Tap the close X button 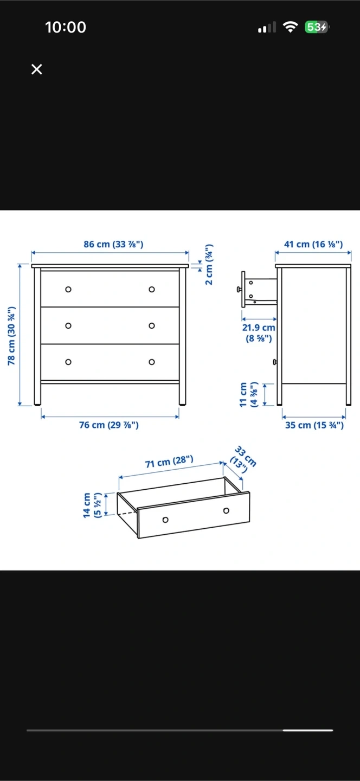click(36, 69)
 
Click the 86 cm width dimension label click(113, 244)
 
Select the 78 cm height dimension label click(11, 336)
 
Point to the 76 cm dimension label click(109, 425)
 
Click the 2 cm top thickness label click(209, 265)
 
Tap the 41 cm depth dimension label click(313, 244)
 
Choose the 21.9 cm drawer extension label click(259, 332)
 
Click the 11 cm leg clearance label click(248, 394)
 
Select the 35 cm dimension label click(314, 425)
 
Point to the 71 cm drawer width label click(169, 461)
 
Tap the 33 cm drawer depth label click(243, 459)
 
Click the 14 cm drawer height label click(92, 505)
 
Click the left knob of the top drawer click(68, 290)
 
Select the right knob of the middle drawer click(152, 325)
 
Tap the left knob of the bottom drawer click(68, 362)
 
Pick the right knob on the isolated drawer click(226, 510)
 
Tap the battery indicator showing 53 click(317, 27)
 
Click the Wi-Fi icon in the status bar click(290, 27)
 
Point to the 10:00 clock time click(66, 27)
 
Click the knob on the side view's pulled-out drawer click(239, 289)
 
